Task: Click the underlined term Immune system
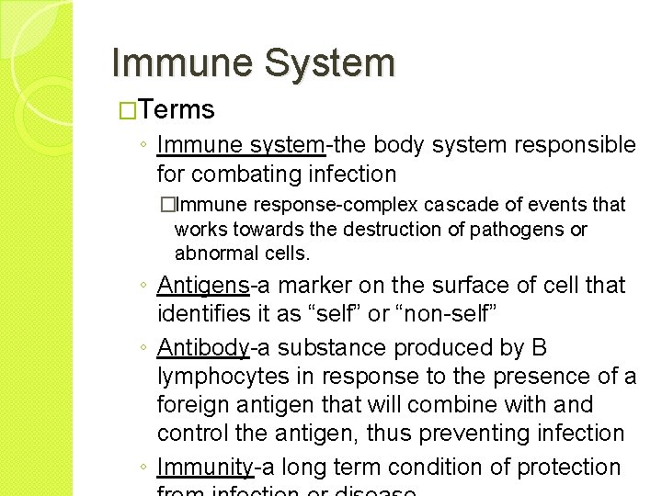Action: coord(241,145)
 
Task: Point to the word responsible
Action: coord(578,145)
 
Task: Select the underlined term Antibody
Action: coord(203,348)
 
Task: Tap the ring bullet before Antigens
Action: coord(145,287)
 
